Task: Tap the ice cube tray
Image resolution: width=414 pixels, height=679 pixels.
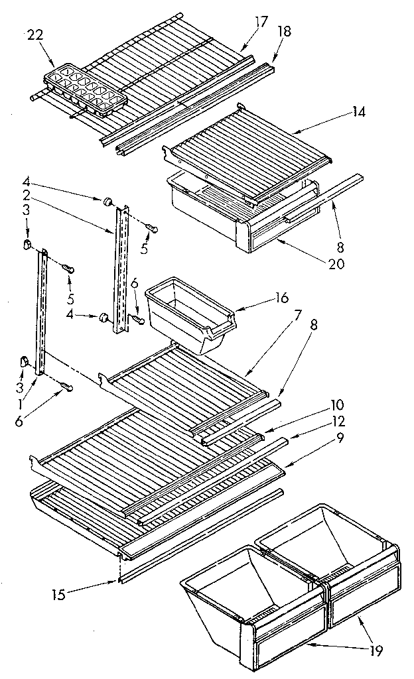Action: click(85, 90)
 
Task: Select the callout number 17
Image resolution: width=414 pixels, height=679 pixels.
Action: click(261, 22)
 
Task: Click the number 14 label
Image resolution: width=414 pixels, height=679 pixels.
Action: click(359, 112)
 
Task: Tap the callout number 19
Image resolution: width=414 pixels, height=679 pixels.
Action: click(376, 650)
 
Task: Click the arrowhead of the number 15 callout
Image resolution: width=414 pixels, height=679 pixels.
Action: click(117, 582)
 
